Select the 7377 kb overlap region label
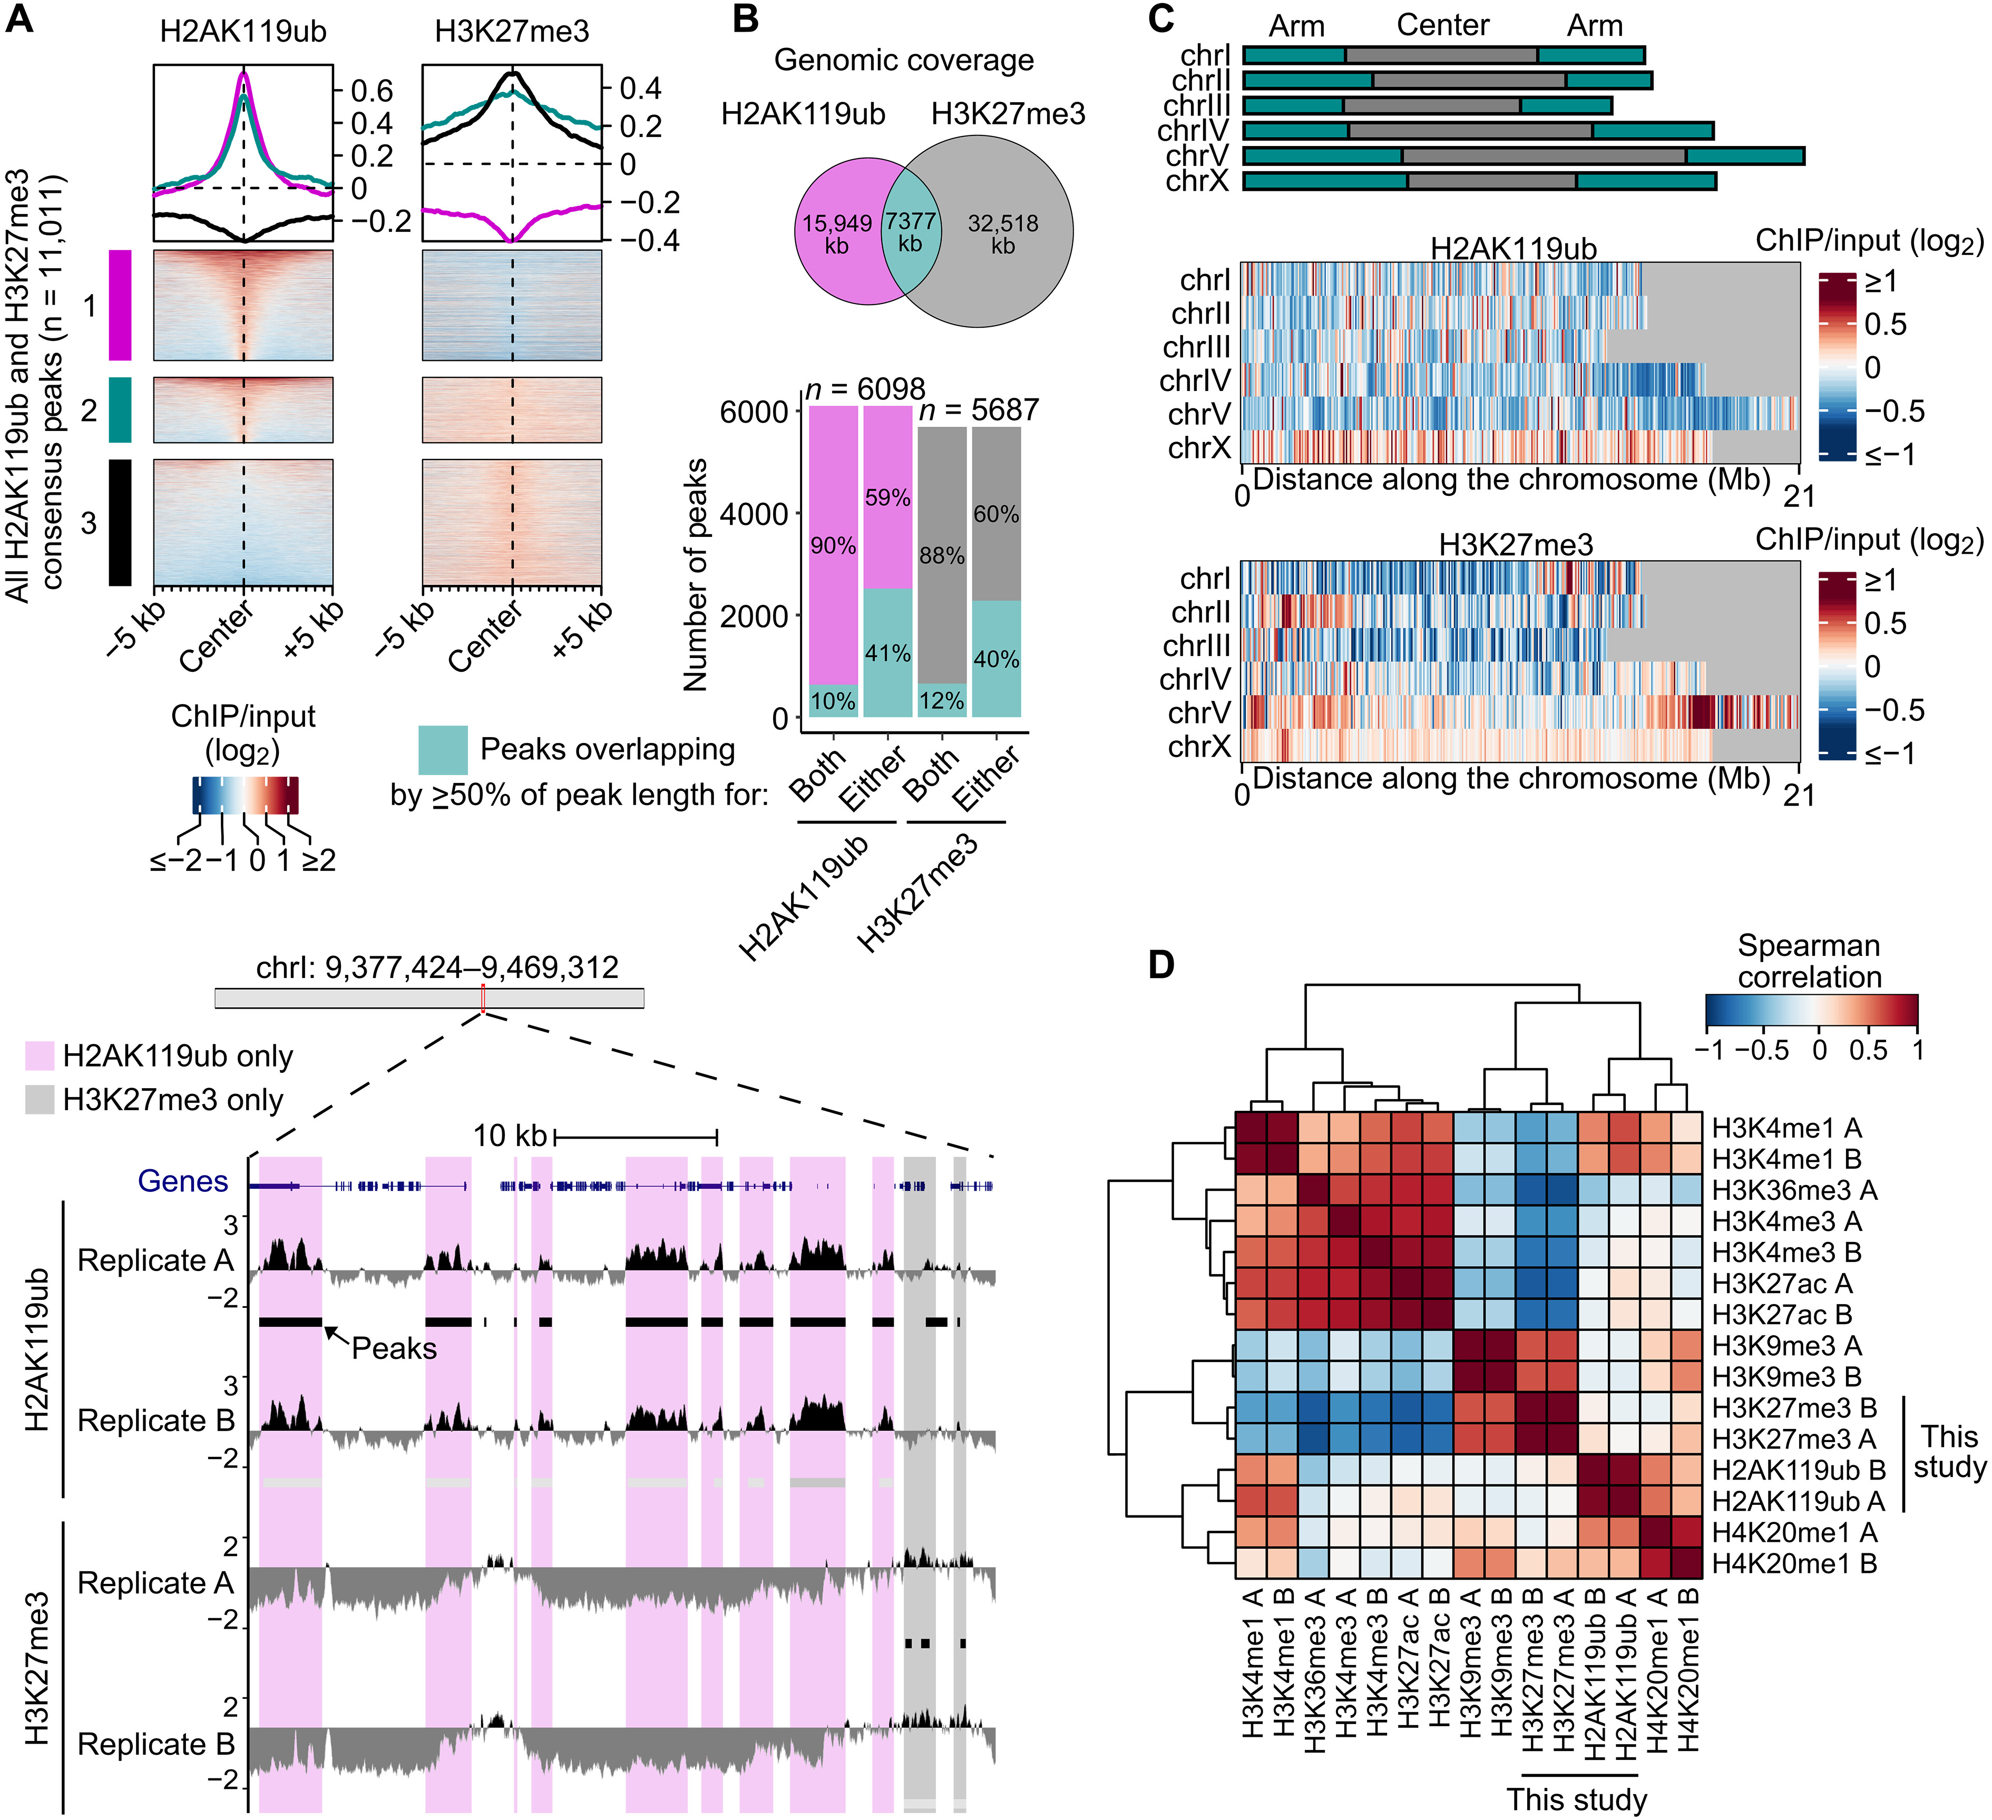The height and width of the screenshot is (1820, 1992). [909, 232]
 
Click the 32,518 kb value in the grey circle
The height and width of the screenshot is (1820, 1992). [1003, 234]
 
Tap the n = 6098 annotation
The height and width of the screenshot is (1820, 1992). [865, 389]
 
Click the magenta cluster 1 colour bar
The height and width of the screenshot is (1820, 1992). [120, 305]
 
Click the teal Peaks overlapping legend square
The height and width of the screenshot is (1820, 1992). [443, 750]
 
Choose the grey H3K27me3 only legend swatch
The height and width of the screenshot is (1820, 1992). [40, 1100]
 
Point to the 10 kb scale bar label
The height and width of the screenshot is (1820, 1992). [509, 1136]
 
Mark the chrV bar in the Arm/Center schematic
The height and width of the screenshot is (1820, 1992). [1522, 156]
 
